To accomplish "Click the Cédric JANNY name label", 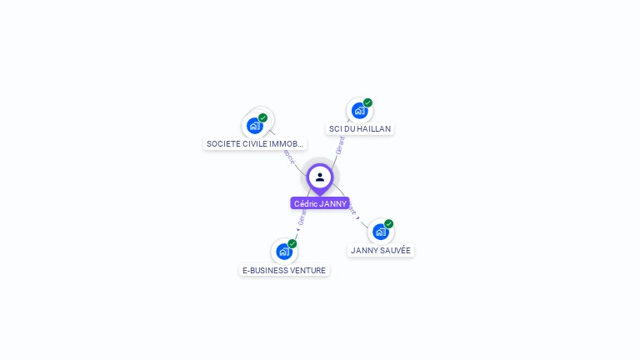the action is pyautogui.click(x=320, y=203).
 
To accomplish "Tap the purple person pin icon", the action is pyautogui.click(x=320, y=177).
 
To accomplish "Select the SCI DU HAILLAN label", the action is pyautogui.click(x=360, y=129).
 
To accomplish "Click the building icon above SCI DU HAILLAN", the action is pyautogui.click(x=359, y=111).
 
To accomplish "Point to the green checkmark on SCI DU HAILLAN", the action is pyautogui.click(x=367, y=103).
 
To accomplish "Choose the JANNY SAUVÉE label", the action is pyautogui.click(x=381, y=250).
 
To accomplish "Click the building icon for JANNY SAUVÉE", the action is pyautogui.click(x=380, y=232).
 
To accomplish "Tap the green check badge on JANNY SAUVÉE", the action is pyautogui.click(x=388, y=224).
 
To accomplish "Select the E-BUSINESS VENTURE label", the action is pyautogui.click(x=284, y=270).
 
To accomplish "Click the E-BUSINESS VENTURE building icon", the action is pyautogui.click(x=283, y=252).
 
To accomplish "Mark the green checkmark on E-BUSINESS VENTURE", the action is pyautogui.click(x=292, y=244).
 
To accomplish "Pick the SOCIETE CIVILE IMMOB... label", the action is pyautogui.click(x=254, y=143).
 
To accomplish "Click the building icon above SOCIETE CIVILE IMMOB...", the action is pyautogui.click(x=254, y=126).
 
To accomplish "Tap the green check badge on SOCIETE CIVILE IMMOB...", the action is pyautogui.click(x=262, y=118).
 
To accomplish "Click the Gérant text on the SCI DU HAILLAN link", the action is pyautogui.click(x=340, y=145).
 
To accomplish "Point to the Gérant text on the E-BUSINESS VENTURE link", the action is pyautogui.click(x=302, y=217).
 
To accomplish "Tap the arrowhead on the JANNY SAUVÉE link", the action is pyautogui.click(x=358, y=217).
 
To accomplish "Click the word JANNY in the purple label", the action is pyautogui.click(x=332, y=203).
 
